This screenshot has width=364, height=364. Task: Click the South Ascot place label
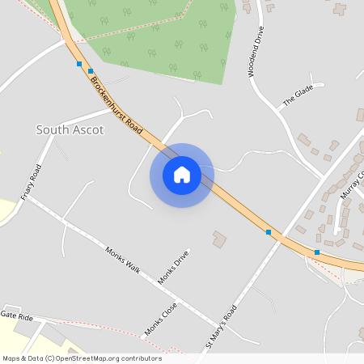[70, 129]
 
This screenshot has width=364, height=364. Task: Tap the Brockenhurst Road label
[117, 106]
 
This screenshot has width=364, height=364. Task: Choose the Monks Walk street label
[123, 262]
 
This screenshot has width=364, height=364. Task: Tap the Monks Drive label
[173, 267]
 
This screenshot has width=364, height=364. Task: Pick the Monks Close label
[160, 319]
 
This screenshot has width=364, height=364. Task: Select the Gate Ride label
[16, 315]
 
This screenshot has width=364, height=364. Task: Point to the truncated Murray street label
[353, 185]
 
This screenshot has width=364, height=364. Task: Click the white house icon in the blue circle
[181, 175]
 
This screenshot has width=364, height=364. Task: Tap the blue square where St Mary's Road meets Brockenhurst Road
[269, 232]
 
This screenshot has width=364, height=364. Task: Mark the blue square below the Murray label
[317, 252]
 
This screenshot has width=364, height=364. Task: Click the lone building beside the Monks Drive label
[219, 239]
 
